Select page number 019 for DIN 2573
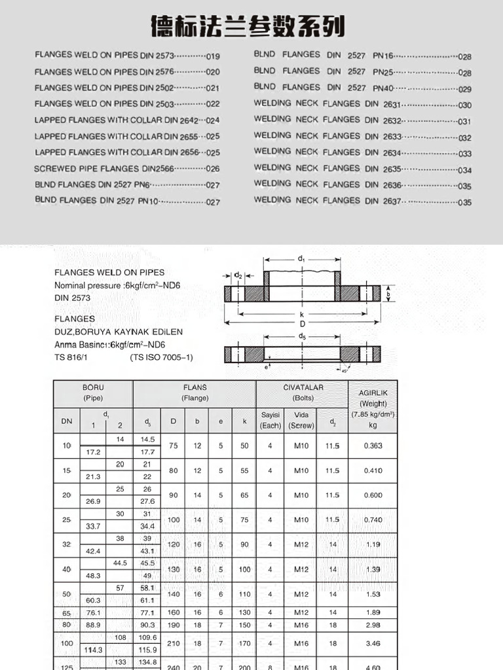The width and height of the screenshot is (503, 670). (213, 56)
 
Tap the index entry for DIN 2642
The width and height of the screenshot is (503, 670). (127, 120)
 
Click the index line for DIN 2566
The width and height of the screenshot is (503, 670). (127, 168)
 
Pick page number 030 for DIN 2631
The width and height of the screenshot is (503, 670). (464, 105)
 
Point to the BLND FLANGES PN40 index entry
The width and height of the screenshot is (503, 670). (362, 88)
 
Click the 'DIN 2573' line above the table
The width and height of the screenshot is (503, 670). (72, 298)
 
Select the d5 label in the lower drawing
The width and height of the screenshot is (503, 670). (302, 336)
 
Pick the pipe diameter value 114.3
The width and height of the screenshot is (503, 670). (92, 650)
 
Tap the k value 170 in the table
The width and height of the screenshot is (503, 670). (244, 644)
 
